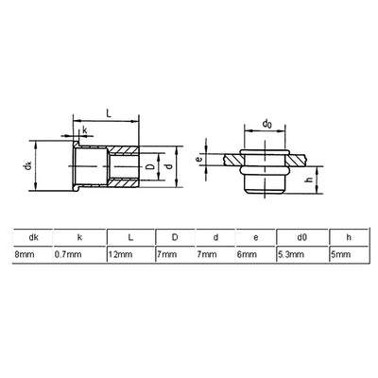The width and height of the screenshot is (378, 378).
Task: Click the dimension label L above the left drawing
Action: (x=109, y=114)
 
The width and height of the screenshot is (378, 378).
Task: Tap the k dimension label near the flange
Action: (x=85, y=129)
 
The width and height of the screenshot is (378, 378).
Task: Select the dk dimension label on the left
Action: (x=28, y=165)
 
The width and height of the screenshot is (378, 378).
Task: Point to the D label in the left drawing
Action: (x=150, y=167)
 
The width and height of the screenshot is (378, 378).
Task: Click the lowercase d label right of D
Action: (x=169, y=166)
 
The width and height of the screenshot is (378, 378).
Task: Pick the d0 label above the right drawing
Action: (x=267, y=124)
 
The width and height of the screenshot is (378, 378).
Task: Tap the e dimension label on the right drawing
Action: (x=198, y=160)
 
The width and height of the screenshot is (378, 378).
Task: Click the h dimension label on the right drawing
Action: (x=309, y=180)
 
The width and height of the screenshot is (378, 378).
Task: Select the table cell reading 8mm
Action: (x=24, y=254)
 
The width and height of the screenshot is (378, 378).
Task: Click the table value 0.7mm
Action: (x=68, y=254)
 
